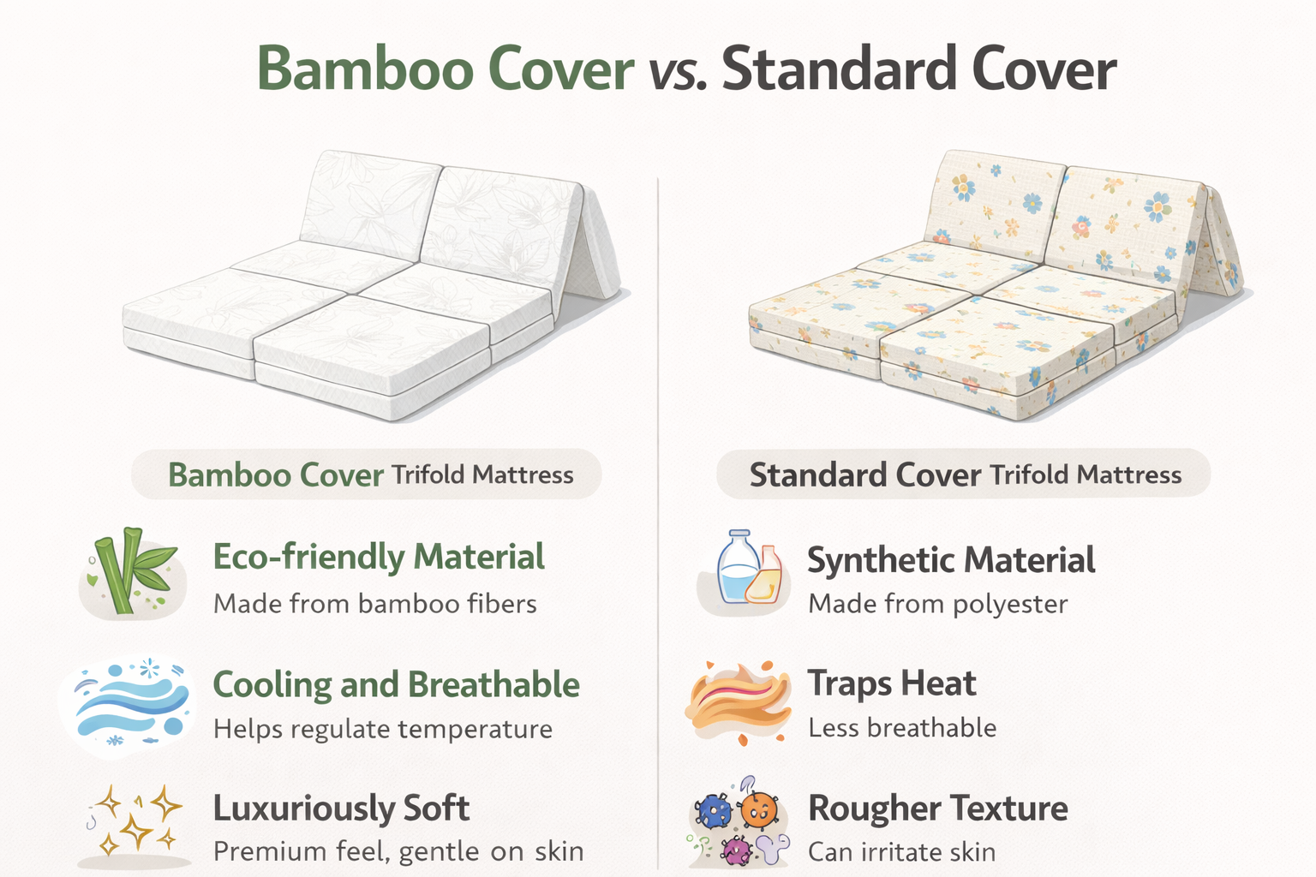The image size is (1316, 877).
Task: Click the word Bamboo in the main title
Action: [x=365, y=69]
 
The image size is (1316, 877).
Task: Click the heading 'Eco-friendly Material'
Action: [x=379, y=557]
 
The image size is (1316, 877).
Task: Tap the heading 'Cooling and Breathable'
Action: [x=397, y=685]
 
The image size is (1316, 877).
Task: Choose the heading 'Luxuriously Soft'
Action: [x=341, y=808]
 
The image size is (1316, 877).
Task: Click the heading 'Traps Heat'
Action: [x=892, y=683]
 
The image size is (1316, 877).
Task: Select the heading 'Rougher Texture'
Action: [x=938, y=808]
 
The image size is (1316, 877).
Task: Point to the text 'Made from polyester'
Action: [x=938, y=605]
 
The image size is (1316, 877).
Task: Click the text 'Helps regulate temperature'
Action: [x=383, y=730]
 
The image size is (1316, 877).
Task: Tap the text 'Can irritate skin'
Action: [x=902, y=852]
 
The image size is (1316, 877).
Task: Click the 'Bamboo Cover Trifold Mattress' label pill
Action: [x=367, y=474]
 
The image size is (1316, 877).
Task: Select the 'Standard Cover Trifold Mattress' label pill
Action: [x=964, y=474]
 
